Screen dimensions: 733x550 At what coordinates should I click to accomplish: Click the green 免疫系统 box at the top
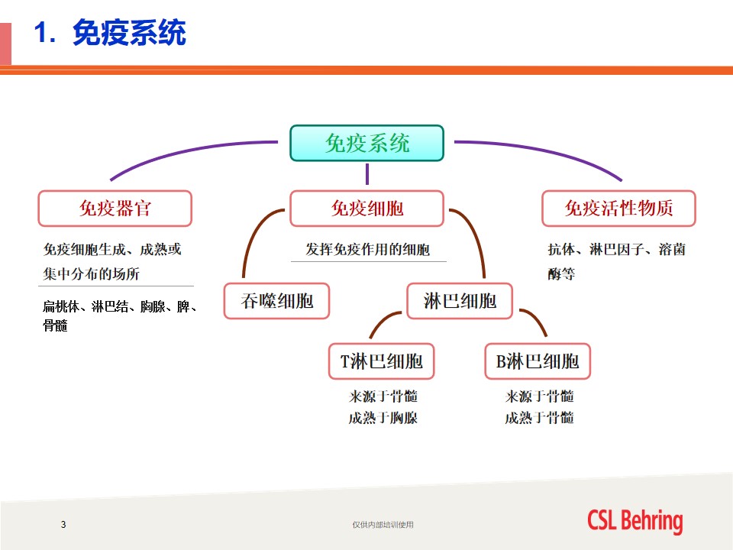367,143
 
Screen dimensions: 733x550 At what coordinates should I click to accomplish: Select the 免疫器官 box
115,209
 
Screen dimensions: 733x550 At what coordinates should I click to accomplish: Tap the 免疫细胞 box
367,209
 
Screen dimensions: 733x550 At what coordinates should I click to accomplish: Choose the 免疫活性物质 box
619,209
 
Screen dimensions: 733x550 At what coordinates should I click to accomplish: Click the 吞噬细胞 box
276,301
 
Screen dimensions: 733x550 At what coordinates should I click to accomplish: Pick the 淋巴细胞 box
460,301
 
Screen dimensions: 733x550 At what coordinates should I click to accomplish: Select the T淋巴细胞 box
382,361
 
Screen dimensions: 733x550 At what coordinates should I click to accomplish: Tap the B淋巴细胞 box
538,361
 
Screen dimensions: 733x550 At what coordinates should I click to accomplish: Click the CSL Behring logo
635,521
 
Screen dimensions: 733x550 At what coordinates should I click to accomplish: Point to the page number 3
63,525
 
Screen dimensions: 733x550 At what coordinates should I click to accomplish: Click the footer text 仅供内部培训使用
383,525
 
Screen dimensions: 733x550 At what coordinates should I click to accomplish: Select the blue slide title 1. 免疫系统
110,33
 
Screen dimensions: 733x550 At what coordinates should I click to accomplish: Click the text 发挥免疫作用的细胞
368,249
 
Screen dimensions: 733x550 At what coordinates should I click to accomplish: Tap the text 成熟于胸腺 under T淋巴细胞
383,418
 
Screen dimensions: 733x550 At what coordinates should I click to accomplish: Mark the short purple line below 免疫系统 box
367,174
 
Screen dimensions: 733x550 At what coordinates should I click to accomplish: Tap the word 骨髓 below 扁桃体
55,325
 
